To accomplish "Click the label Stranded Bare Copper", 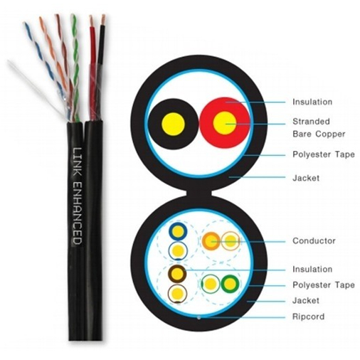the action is click(319, 127).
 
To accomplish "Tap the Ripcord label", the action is click(308, 317).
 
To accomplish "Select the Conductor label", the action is click(314, 240).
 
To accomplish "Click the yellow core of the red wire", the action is click(225, 123).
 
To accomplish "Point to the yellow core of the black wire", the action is click(173, 124).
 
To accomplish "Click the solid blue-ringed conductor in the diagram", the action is click(178, 231).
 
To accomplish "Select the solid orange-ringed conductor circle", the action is click(211, 241).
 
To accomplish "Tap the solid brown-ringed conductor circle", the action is click(177, 274).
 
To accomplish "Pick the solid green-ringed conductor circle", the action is click(230, 284).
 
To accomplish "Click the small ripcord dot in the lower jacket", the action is click(199, 317).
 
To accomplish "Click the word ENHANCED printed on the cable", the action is click(77, 213).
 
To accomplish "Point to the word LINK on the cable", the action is click(77, 162).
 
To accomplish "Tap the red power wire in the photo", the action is click(93, 69).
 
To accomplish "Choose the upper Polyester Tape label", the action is click(324, 154).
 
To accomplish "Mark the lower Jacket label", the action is click(306, 300).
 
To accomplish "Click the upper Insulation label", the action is click(312, 102).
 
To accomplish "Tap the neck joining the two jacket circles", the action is click(199, 192).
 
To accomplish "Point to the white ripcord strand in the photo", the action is click(36, 88).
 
